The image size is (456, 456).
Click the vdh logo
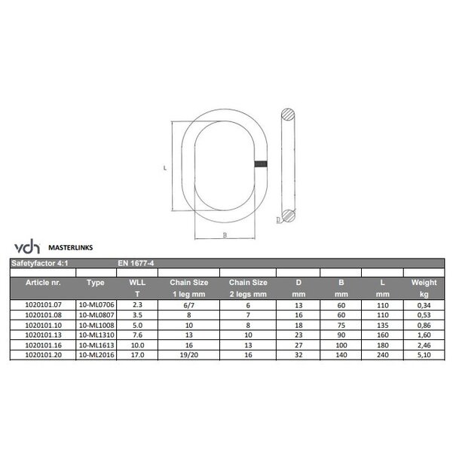coord(25,247)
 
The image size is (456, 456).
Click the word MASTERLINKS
coord(71,246)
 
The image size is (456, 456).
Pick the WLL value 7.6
coord(137,332)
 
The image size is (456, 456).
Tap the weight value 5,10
coord(424,351)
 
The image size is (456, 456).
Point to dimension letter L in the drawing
coord(165,169)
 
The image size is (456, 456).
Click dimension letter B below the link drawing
coord(224,235)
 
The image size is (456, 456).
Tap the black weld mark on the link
coord(261,166)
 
